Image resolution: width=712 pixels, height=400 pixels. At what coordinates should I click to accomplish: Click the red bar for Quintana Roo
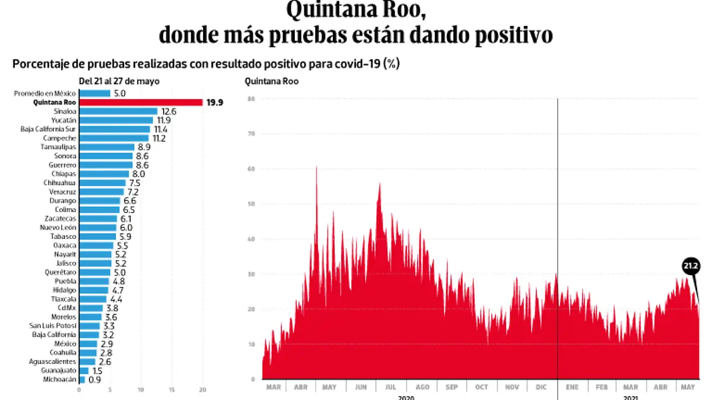click(x=141, y=102)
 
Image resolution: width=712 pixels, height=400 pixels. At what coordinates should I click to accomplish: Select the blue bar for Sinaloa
click(x=118, y=111)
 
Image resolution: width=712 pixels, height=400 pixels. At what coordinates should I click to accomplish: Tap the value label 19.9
click(x=214, y=103)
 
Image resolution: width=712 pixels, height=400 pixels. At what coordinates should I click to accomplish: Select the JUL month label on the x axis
click(x=390, y=387)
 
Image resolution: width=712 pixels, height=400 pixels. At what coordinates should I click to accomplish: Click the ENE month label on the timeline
click(x=572, y=387)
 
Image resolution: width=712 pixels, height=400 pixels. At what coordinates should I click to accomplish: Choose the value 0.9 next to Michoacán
click(x=94, y=379)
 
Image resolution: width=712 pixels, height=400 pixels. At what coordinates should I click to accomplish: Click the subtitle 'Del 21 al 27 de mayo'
click(x=119, y=81)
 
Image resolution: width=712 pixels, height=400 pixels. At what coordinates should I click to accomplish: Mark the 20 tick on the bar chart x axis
click(x=202, y=390)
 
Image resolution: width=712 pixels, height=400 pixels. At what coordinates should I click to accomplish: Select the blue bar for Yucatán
click(x=116, y=120)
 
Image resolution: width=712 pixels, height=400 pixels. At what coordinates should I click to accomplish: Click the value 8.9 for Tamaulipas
click(x=144, y=147)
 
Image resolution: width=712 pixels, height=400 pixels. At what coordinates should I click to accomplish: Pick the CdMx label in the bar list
click(x=66, y=308)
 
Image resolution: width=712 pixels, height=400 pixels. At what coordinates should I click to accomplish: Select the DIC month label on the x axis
click(x=541, y=387)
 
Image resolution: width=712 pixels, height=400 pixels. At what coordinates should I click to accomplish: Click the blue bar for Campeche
click(x=114, y=138)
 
